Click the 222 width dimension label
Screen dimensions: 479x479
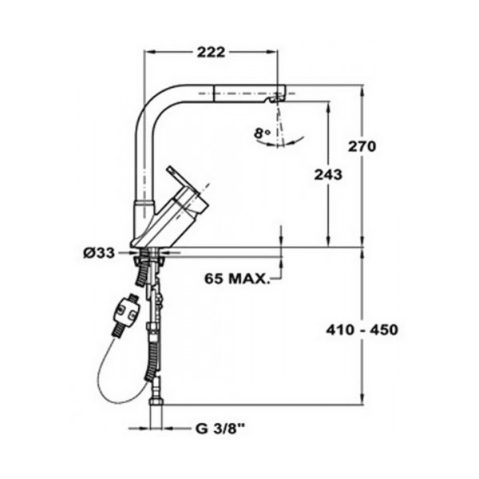[x=211, y=52]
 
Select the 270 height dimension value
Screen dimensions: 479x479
[x=362, y=147]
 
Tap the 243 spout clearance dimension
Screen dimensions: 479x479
[x=328, y=175]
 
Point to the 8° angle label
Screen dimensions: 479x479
[x=262, y=133]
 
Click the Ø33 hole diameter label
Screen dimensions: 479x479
[x=99, y=253]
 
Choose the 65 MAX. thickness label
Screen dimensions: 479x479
[x=237, y=279]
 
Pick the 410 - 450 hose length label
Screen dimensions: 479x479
[x=362, y=330]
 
